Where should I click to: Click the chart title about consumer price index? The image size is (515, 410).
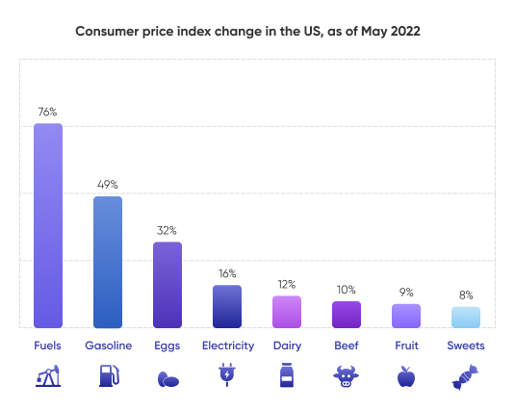[247, 31]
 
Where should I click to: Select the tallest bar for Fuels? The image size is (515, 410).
[48, 225]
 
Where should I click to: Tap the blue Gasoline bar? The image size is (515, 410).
[108, 262]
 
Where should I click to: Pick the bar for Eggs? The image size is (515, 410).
[167, 285]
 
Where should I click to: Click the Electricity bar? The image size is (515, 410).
[227, 306]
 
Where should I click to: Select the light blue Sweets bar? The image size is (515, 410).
[466, 318]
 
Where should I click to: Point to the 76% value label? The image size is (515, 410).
[48, 111]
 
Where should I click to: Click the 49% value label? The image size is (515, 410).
[108, 184]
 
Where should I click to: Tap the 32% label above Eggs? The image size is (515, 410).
[167, 230]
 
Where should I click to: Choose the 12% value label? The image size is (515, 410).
[287, 284]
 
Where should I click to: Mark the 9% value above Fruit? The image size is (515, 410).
[406, 292]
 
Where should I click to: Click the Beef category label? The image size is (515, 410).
[347, 346]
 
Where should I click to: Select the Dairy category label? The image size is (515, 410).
[287, 346]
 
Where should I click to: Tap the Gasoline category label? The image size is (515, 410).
[108, 346]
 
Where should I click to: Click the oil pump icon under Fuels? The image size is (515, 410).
[48, 375]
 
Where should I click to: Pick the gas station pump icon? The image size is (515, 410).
[108, 375]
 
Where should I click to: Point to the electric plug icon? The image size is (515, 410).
[227, 375]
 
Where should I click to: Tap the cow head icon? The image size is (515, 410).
[347, 375]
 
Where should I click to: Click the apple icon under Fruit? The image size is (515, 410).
[406, 375]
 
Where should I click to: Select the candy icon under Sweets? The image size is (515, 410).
[466, 375]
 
